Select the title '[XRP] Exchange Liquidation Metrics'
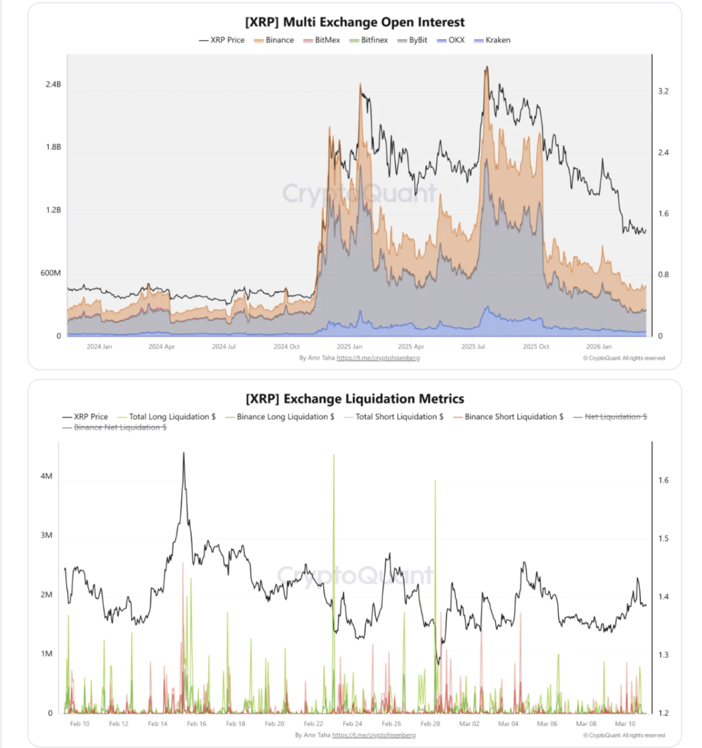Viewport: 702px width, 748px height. (x=354, y=399)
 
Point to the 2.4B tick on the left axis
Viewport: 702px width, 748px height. (x=53, y=85)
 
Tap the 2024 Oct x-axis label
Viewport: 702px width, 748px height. (x=286, y=347)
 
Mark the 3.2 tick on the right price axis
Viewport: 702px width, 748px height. (x=663, y=91)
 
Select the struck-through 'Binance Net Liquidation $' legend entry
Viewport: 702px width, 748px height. (x=121, y=427)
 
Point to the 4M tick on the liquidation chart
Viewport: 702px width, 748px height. (x=47, y=476)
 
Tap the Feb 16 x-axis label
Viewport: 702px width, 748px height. (x=197, y=723)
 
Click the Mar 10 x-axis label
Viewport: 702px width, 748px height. (x=627, y=723)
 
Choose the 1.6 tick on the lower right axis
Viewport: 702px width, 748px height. (x=663, y=481)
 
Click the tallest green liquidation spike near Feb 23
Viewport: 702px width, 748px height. (x=334, y=456)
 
